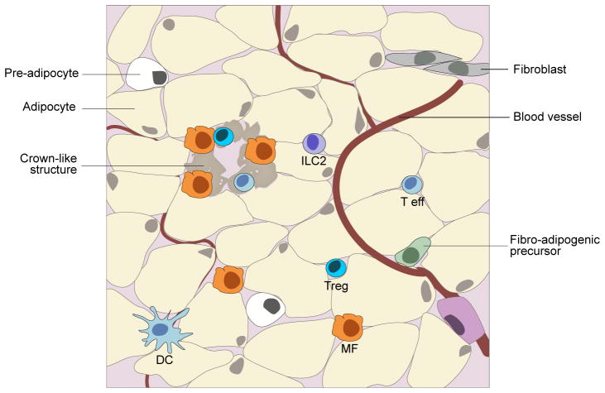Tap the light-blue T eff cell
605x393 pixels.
[411, 185]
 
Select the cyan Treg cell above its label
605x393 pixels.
[336, 267]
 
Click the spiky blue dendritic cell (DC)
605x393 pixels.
[161, 330]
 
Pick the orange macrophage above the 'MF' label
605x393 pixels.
[348, 328]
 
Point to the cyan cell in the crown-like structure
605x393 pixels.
[223, 136]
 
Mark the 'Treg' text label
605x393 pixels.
[336, 286]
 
